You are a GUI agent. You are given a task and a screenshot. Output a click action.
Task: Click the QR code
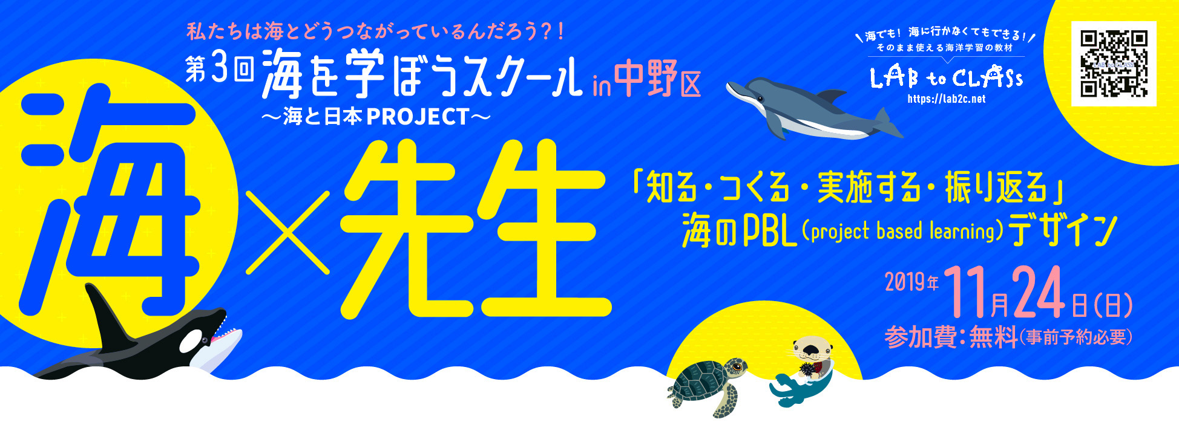click(x=1114, y=64)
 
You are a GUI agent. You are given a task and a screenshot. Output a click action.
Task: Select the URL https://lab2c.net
click(x=946, y=99)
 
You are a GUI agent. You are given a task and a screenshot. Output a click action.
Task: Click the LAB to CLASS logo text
click(x=946, y=77)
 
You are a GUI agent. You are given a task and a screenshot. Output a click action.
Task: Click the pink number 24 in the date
click(x=1039, y=293)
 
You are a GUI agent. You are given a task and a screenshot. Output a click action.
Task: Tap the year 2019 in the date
click(x=904, y=282)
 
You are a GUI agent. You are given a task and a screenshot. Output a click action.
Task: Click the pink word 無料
click(x=993, y=337)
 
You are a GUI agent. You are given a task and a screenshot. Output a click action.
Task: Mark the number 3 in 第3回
click(x=220, y=70)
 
